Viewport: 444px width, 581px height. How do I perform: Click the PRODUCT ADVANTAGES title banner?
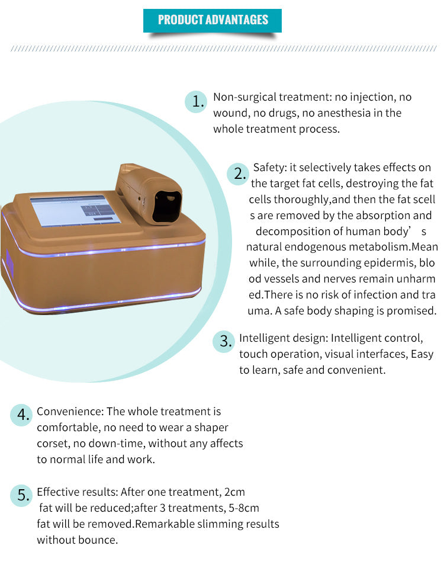click(x=212, y=20)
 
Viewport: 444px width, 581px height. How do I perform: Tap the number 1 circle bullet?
click(x=196, y=101)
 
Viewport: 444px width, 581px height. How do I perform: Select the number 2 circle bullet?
click(x=238, y=174)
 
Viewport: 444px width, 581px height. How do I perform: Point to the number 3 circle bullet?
click(x=224, y=341)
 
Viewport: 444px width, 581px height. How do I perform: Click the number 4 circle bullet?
click(x=21, y=415)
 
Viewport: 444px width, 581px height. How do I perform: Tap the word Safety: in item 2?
click(x=270, y=168)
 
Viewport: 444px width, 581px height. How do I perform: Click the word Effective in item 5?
click(x=57, y=492)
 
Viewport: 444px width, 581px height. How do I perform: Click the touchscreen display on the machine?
click(x=75, y=210)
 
